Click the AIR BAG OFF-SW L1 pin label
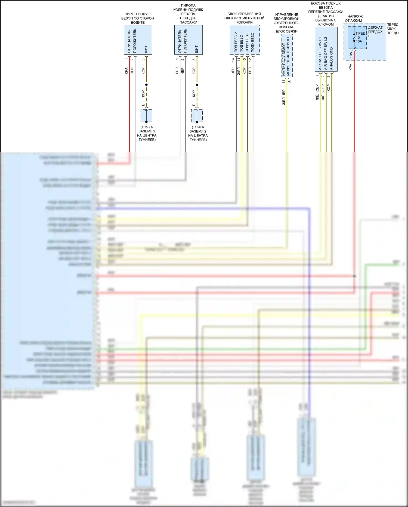pos(320,53)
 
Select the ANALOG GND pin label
pos(331,59)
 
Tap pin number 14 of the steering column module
pos(233,60)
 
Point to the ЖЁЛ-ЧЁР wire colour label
pos(284,97)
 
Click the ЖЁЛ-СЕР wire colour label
pos(317,92)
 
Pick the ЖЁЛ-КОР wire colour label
pos(323,92)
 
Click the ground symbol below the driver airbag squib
pos(146,122)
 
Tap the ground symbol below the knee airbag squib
pos(197,122)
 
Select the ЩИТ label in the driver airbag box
pos(146,49)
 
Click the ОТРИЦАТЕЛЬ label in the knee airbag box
pos(180,41)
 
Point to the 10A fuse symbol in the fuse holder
pos(354,38)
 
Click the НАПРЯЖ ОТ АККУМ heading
pos(354,19)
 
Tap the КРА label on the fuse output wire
pos(351,67)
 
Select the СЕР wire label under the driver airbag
pos(132,71)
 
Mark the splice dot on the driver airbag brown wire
pos(146,85)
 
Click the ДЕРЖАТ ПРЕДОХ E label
pos(375,32)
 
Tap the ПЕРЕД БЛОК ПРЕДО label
pos(392,29)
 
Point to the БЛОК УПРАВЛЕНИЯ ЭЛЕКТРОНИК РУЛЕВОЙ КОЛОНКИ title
pos(244,18)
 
